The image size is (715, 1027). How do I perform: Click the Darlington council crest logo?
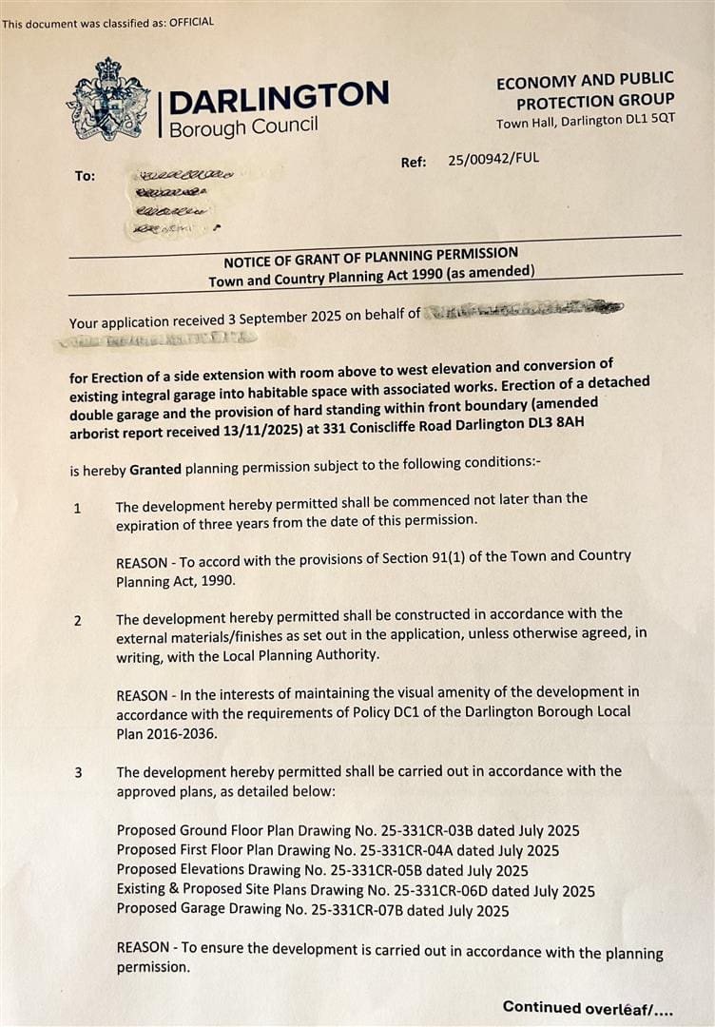tap(108, 99)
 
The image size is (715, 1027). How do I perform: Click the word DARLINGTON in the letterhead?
tap(279, 96)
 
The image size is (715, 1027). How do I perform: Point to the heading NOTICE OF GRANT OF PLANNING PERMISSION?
tap(371, 255)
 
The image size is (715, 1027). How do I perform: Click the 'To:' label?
tap(85, 176)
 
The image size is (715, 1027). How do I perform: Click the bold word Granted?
tap(155, 469)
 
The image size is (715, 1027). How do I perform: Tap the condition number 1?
tap(77, 508)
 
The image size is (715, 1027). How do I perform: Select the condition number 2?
tap(77, 621)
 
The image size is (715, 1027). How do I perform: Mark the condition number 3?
tap(78, 772)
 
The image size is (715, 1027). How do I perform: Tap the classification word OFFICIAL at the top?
tap(191, 22)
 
